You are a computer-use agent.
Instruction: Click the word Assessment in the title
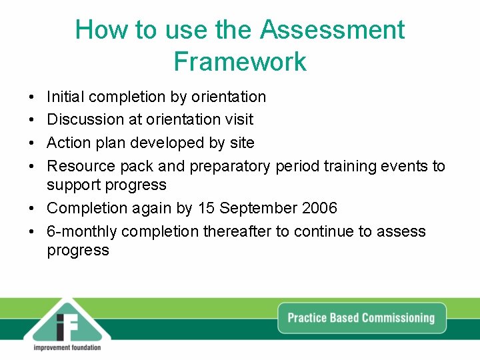tap(332, 30)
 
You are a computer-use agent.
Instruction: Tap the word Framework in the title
tap(240, 61)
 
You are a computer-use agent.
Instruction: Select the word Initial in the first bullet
tap(65, 97)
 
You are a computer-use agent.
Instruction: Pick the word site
tap(242, 143)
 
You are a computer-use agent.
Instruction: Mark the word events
tap(406, 166)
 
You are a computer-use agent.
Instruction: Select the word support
tap(73, 185)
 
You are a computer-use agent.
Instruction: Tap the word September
tap(255, 208)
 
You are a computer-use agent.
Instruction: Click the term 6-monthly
tap(82, 231)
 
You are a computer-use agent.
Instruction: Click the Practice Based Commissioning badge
tap(361, 318)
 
